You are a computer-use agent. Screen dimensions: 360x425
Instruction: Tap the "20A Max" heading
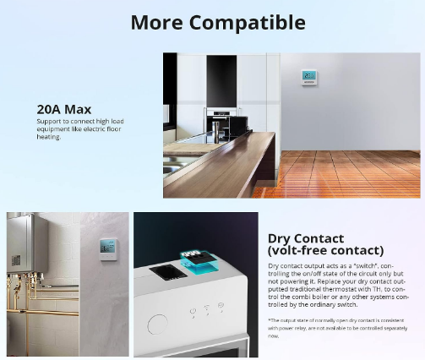(64, 109)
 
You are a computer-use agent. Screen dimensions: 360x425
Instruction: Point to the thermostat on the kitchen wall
(309, 78)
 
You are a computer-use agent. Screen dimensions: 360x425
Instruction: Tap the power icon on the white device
(193, 310)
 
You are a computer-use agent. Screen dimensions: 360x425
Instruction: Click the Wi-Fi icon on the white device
(207, 310)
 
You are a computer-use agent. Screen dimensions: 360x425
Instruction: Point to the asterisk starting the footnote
(269, 320)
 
